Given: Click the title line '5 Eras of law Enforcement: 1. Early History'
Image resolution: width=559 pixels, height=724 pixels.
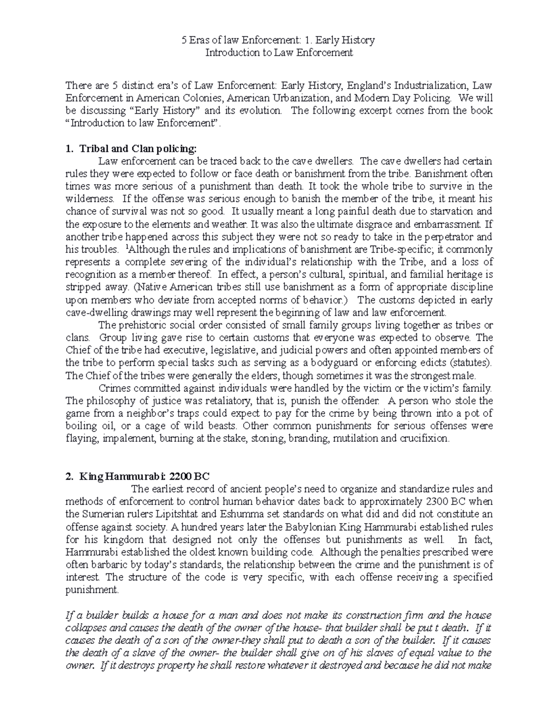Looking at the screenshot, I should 278,40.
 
